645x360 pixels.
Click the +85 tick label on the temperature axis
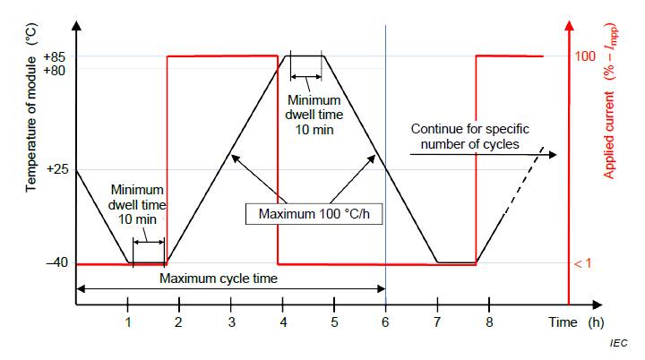53,57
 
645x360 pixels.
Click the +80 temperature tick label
53,70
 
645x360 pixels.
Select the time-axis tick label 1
128,321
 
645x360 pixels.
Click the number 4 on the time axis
283,321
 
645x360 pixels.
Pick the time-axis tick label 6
385,321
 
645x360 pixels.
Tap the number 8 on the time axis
489,321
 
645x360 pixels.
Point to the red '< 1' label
584,264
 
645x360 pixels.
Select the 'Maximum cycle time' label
219,278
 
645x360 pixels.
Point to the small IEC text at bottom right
618,344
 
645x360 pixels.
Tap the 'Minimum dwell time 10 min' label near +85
308,115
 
